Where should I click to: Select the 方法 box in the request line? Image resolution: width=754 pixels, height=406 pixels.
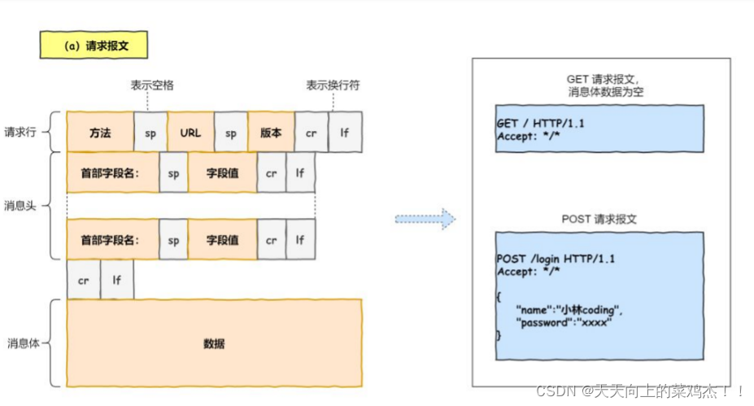pyautogui.click(x=100, y=133)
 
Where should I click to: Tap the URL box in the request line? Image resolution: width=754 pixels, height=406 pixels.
pyautogui.click(x=190, y=133)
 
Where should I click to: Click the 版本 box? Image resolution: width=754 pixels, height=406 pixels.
pyautogui.click(x=271, y=133)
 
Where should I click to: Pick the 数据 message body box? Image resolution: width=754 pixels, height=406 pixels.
pyautogui.click(x=214, y=343)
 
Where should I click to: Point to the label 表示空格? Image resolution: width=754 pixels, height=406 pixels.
pyautogui.click(x=152, y=85)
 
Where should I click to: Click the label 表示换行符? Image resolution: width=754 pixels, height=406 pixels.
pyautogui.click(x=333, y=85)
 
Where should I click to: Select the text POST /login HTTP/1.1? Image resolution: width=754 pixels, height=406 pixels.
pyautogui.click(x=556, y=259)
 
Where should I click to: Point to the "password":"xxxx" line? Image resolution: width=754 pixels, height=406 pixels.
pyautogui.click(x=564, y=322)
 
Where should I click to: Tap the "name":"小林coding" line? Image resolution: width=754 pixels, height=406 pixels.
pyautogui.click(x=569, y=310)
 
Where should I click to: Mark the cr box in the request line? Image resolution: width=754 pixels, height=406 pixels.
pyautogui.click(x=312, y=133)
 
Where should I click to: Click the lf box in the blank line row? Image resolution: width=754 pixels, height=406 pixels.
pyautogui.click(x=117, y=279)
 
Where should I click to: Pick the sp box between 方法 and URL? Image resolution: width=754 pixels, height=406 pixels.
pyautogui.click(x=150, y=133)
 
